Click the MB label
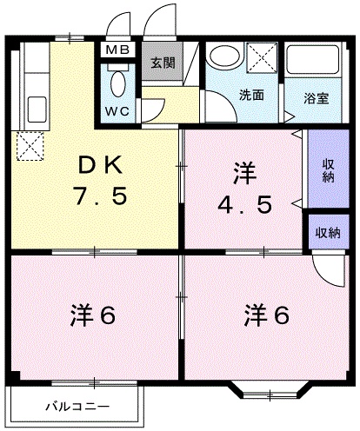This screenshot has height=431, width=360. coord(117,50)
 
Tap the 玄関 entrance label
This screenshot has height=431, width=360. coord(161,63)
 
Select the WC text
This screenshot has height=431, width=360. coord(117,111)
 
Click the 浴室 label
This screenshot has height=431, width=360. coord(317,98)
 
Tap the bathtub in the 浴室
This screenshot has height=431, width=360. coord(316,63)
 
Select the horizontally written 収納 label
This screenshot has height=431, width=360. coord(327,232)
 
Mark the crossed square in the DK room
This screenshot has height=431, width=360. coord(32,145)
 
